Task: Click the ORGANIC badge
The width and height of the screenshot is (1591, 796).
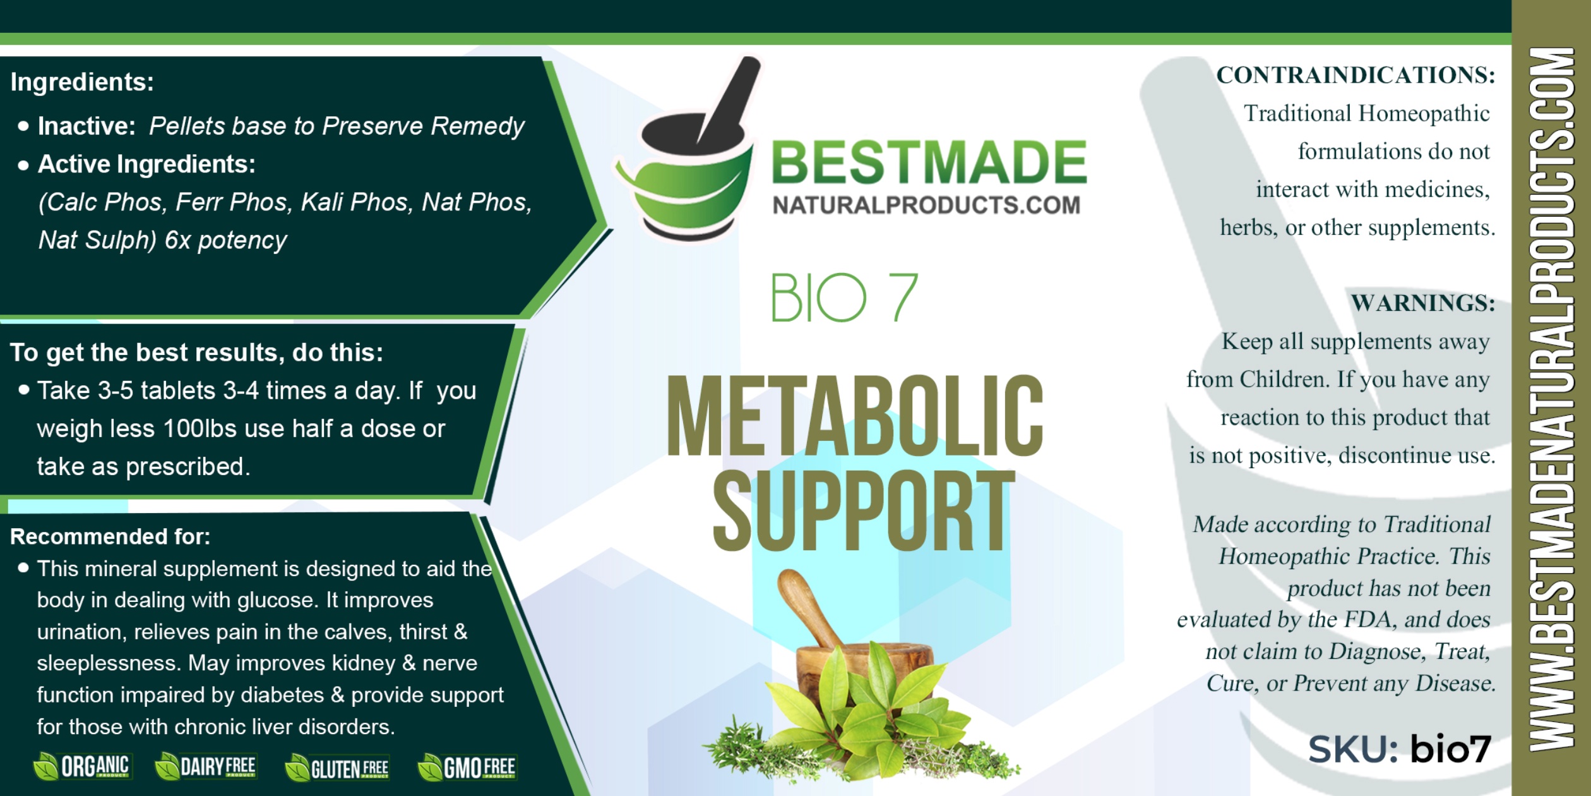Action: pos(82,766)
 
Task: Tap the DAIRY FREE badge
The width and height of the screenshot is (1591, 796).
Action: pos(206,766)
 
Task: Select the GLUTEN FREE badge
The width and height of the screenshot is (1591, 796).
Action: pos(337,768)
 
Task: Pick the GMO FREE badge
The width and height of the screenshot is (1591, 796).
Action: pos(467,768)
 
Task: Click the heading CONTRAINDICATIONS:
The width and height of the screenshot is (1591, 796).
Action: pos(1356,75)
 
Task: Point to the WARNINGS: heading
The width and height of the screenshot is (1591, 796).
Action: pos(1423,303)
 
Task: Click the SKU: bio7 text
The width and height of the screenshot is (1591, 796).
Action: pos(1399,749)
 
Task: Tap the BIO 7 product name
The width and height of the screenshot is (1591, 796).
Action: pos(844,298)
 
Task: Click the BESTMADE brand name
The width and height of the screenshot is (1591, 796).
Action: pos(929,162)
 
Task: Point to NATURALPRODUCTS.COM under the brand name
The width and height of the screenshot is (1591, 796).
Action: pos(926,205)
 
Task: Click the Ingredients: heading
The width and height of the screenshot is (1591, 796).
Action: pos(82,82)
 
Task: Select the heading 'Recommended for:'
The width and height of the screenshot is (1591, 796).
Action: pos(110,536)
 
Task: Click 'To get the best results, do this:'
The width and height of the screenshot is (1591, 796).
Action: pos(196,353)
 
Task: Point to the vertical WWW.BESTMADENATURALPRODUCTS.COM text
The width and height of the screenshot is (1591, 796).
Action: pos(1551,399)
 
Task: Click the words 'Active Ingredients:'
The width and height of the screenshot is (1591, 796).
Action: pos(146,164)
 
